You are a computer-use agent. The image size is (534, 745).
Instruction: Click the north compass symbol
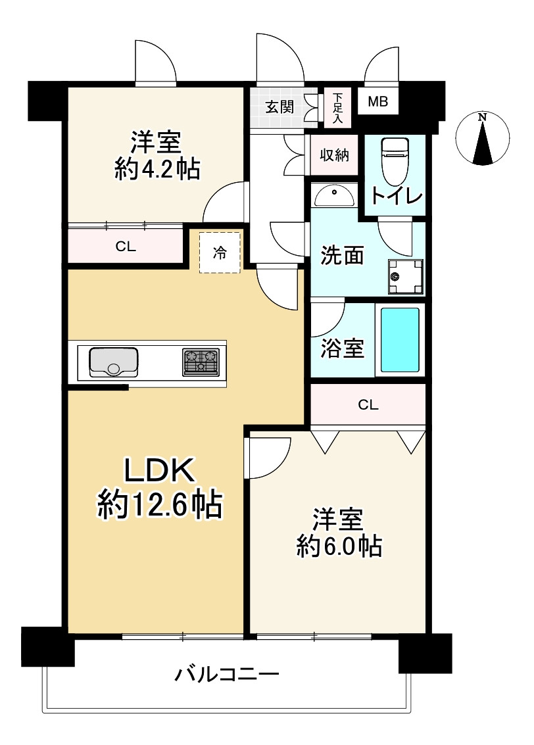click(482, 138)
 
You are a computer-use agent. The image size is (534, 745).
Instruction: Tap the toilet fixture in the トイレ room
click(396, 161)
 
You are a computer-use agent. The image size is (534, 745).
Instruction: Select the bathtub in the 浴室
click(400, 340)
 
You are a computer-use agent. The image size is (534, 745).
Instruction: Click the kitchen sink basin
click(114, 362)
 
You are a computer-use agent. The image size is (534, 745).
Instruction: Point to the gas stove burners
click(201, 362)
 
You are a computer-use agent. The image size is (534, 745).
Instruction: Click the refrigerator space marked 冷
click(220, 252)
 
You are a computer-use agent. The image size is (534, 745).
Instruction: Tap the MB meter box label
click(378, 101)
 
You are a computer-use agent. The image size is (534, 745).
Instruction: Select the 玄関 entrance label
click(279, 107)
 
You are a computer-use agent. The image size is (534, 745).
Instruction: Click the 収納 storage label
click(335, 155)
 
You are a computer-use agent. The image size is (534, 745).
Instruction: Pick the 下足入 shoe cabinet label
click(337, 108)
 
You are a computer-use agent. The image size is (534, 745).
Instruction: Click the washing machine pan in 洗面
click(406, 277)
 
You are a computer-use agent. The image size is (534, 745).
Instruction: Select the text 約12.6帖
click(160, 504)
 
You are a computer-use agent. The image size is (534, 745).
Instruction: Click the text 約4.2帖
click(157, 168)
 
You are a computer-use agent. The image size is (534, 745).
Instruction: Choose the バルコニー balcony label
click(227, 674)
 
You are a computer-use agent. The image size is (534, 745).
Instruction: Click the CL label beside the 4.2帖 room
click(126, 247)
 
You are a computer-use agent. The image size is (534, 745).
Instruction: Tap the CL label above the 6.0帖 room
click(368, 405)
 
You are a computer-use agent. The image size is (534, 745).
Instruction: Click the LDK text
click(160, 470)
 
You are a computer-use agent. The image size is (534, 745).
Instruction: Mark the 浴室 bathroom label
click(342, 348)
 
